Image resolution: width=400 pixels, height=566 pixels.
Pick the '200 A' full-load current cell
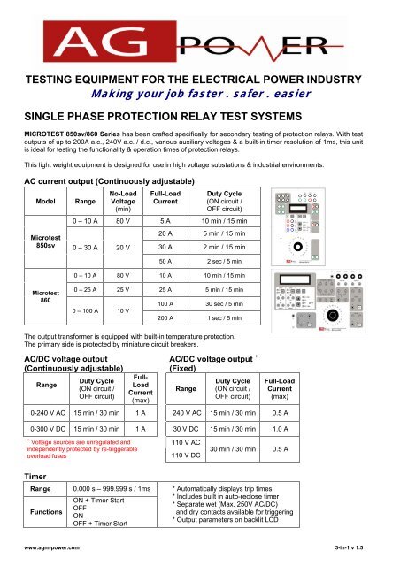165,342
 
